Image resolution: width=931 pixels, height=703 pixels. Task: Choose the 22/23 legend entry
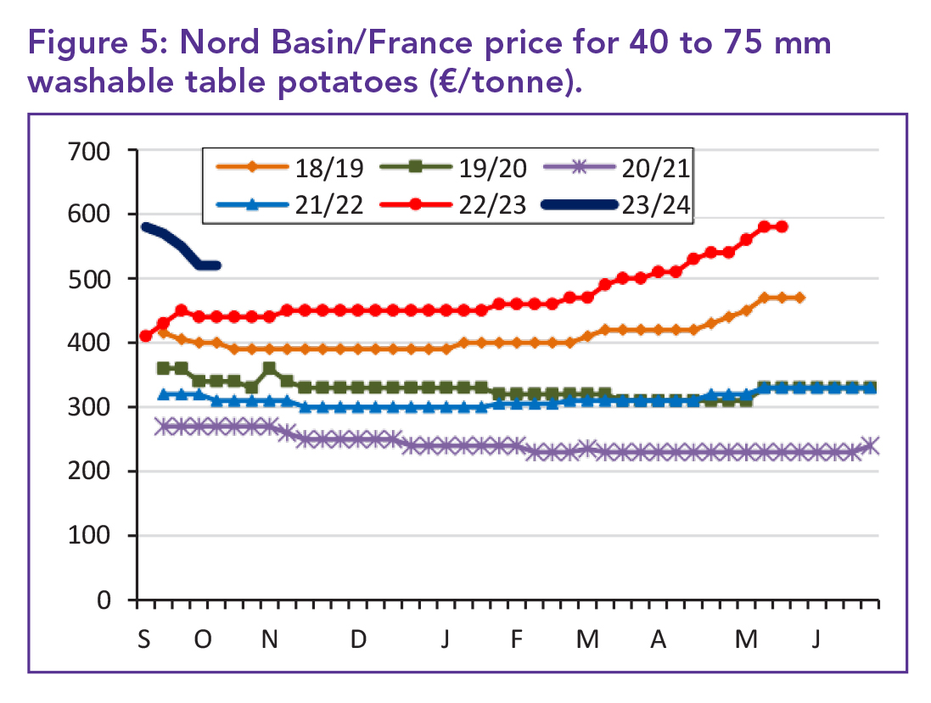point(460,204)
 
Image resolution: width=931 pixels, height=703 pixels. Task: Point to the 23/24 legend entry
point(617,204)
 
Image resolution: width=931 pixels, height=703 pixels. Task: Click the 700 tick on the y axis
point(89,151)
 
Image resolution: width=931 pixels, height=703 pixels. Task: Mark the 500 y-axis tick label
point(89,279)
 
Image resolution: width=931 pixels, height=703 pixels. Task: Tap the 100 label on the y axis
point(89,536)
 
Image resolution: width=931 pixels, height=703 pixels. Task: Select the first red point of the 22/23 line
point(145,336)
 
